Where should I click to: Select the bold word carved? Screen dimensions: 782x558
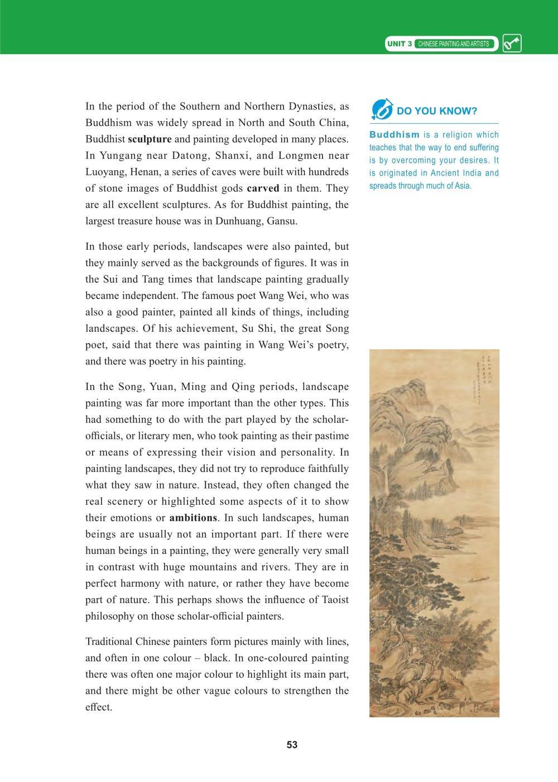(x=263, y=189)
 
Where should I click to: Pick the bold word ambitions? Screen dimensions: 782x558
(x=193, y=517)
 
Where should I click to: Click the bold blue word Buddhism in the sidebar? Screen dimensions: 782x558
(x=394, y=134)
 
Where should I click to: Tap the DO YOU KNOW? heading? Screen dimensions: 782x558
(x=437, y=111)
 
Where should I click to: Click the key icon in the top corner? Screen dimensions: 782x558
(x=512, y=44)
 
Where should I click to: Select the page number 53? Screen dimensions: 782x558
(x=292, y=745)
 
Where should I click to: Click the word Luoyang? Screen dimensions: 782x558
(x=105, y=172)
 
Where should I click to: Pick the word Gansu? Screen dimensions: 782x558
(x=281, y=221)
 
